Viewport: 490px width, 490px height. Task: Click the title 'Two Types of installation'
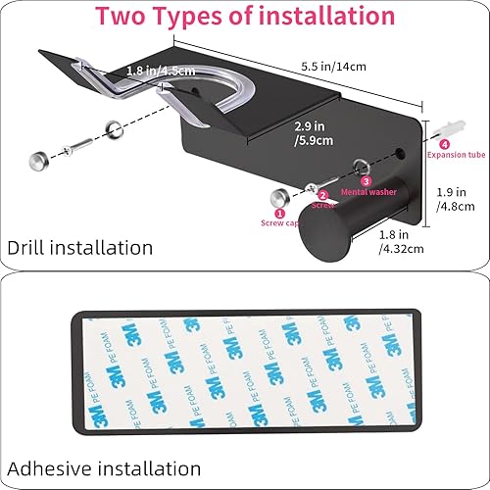click(245, 17)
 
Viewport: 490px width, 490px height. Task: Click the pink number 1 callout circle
click(279, 213)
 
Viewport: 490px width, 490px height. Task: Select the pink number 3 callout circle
click(366, 181)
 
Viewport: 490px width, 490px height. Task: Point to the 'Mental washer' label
click(369, 192)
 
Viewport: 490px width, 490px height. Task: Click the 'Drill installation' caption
click(81, 247)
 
